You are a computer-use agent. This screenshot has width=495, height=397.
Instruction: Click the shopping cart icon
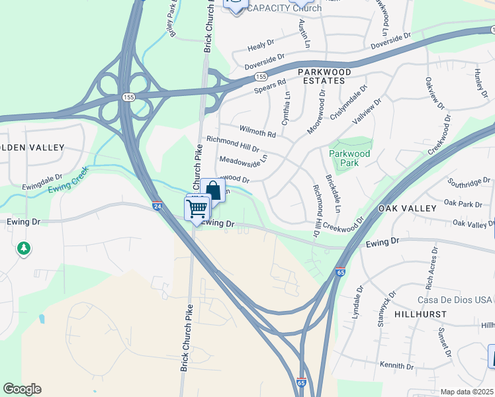(197, 209)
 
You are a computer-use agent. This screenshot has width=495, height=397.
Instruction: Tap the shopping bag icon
(213, 192)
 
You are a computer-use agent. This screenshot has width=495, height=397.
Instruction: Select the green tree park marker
(24, 249)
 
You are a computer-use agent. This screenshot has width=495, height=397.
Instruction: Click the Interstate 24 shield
(157, 206)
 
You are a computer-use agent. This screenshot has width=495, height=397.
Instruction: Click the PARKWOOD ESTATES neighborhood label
(321, 75)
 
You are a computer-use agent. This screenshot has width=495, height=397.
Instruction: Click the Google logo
(22, 389)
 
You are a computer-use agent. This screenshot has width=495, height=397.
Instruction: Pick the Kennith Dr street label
(396, 365)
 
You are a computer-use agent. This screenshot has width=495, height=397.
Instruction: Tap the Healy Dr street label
(261, 46)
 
